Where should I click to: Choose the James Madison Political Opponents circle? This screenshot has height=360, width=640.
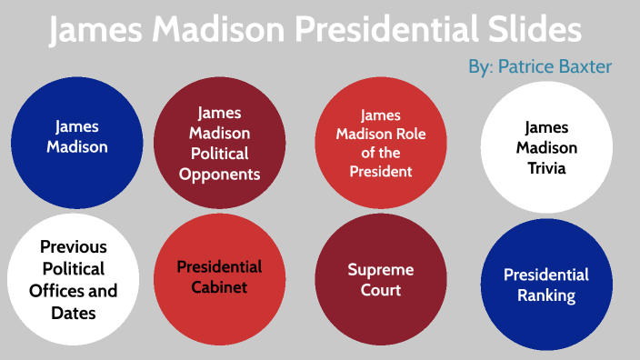[x=220, y=143]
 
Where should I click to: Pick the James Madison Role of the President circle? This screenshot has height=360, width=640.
[x=381, y=143]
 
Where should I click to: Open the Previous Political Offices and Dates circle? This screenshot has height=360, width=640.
[x=73, y=280]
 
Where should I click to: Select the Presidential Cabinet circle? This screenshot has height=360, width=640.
[x=220, y=278]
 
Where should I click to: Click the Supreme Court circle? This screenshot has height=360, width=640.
[x=381, y=279]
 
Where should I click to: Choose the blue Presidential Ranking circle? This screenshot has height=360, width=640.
[x=546, y=285]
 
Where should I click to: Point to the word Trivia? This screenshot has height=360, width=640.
[x=546, y=168]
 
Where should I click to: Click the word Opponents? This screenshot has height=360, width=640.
[x=220, y=174]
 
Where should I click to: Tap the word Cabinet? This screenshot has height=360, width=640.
[x=220, y=289]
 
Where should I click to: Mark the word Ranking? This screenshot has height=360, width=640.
[x=546, y=295]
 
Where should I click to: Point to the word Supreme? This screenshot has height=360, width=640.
[x=381, y=269]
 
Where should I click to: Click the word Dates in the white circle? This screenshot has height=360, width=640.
[x=73, y=314]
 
